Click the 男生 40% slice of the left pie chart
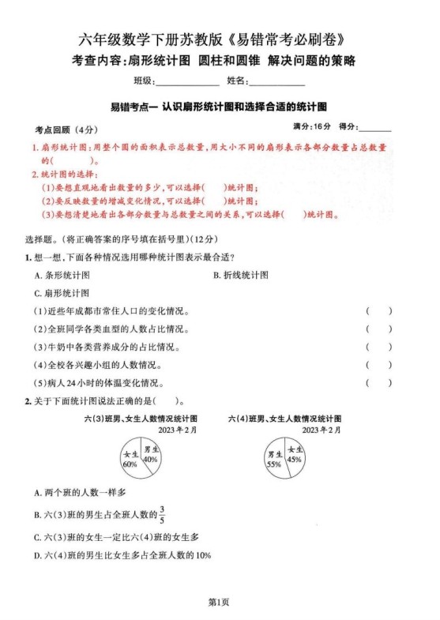point(150,453)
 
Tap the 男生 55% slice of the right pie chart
point(275,460)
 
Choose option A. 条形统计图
point(62,275)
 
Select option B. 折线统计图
point(241,275)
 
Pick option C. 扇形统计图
point(62,293)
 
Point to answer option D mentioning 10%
point(122,555)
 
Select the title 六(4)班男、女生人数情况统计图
point(284,418)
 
